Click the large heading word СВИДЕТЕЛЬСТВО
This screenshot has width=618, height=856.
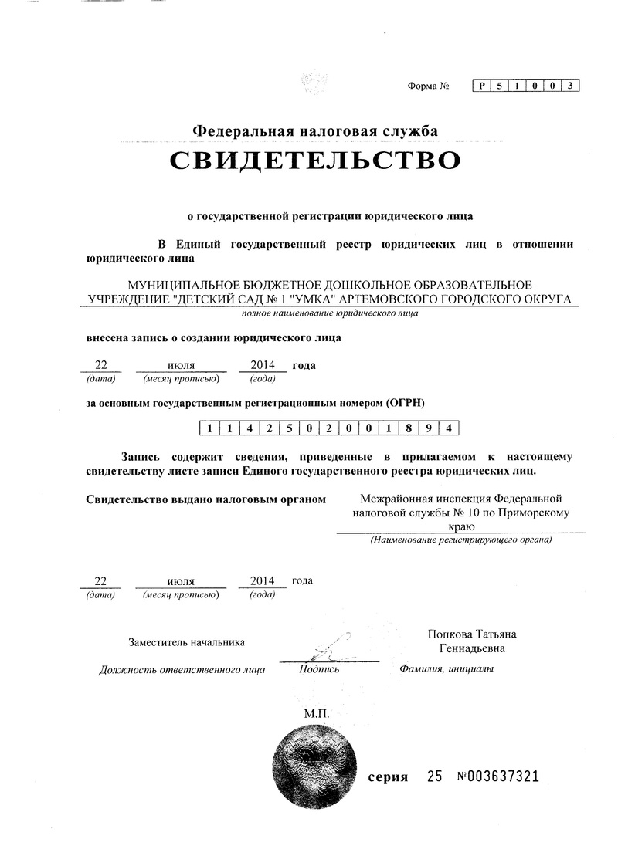pyautogui.click(x=315, y=161)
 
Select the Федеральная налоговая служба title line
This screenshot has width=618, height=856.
pyautogui.click(x=314, y=132)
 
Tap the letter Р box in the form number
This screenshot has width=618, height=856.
pyautogui.click(x=482, y=86)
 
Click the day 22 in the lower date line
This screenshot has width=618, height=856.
pyautogui.click(x=100, y=580)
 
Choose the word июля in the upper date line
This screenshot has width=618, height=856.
pyautogui.click(x=181, y=364)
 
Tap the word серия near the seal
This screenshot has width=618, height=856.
pyautogui.click(x=388, y=777)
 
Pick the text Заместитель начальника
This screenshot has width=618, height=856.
pyautogui.click(x=187, y=641)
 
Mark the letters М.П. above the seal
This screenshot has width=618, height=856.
pyautogui.click(x=316, y=714)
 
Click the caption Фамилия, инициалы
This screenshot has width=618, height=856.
pyautogui.click(x=447, y=668)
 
